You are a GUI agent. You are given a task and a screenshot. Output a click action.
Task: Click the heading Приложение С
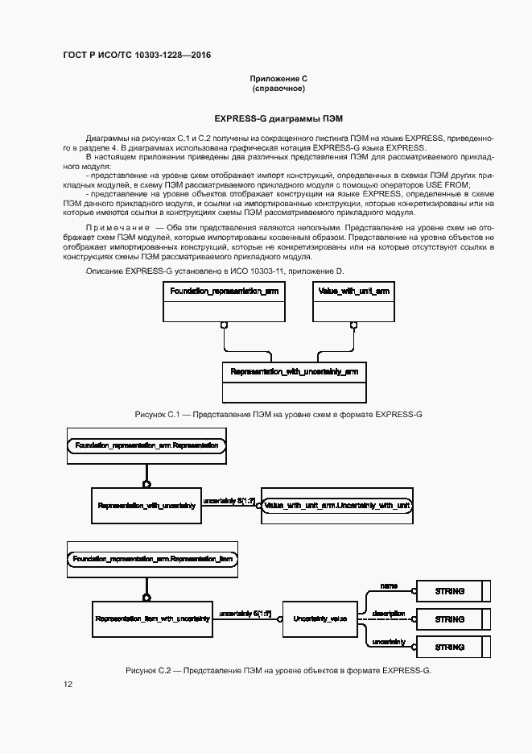278,78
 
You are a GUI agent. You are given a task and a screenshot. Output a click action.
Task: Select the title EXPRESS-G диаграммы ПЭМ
278,118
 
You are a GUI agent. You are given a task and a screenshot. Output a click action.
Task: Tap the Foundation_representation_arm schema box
225,302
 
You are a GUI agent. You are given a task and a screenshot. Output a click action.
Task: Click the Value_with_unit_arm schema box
354,302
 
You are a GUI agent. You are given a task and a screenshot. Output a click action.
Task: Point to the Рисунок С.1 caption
278,414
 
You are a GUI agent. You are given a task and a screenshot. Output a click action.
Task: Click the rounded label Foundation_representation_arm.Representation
146,445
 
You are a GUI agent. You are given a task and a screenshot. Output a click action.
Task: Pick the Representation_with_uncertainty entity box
146,505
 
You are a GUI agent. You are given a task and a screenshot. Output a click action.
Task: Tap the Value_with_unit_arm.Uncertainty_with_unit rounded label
337,505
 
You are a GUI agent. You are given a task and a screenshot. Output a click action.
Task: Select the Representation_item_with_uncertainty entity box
152,619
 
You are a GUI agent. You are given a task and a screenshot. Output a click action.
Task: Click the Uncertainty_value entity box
320,619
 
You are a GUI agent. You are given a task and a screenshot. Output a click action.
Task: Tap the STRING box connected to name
450,591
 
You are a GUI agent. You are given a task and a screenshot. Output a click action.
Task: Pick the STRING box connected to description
450,619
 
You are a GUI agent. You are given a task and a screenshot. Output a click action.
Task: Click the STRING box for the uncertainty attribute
450,646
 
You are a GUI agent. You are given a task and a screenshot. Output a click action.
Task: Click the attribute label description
388,614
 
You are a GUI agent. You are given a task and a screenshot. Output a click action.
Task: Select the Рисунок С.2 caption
278,670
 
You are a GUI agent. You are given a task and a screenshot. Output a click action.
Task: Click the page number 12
68,684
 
